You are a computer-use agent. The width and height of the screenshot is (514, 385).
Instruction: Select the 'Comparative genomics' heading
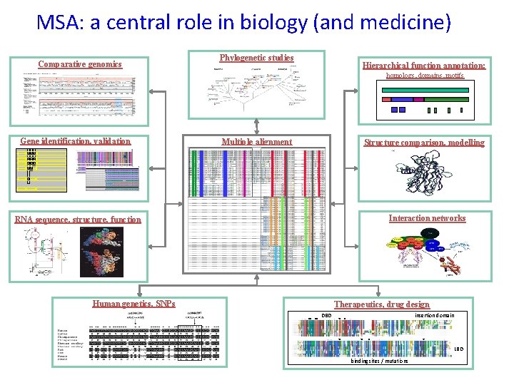tap(80, 65)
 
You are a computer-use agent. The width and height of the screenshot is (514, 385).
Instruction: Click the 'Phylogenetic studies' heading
tap(256, 57)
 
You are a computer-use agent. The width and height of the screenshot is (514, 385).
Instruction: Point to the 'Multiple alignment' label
tap(256, 142)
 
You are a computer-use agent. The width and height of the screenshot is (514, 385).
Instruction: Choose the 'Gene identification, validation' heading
tap(76, 141)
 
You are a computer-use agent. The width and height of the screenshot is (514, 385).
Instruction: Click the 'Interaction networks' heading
tap(427, 218)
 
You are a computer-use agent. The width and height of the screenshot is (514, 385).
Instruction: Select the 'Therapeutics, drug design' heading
tap(382, 304)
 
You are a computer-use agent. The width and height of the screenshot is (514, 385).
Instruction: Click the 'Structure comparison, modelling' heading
tap(424, 143)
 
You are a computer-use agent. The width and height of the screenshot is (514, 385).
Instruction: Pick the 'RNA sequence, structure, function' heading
tap(78, 220)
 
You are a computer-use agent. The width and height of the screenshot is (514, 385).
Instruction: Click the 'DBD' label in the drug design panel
tap(327, 315)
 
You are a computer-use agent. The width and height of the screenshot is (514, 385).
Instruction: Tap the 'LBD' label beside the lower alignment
tap(459, 349)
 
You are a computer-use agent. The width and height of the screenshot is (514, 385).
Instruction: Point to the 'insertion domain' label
tap(435, 315)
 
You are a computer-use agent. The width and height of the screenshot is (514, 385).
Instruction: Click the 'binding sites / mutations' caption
tap(379, 361)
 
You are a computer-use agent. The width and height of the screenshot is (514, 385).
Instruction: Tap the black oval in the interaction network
tap(430, 233)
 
